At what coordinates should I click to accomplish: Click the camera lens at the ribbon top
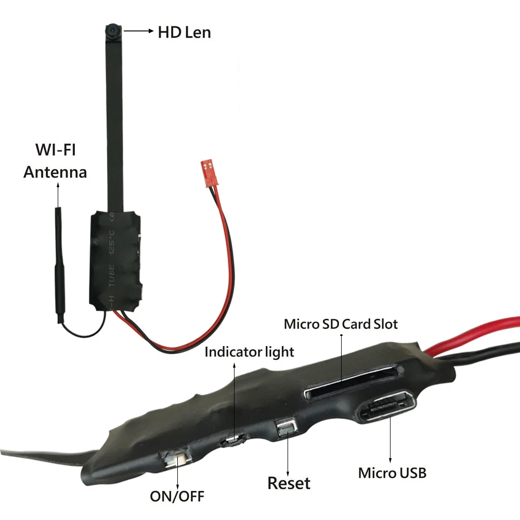113,31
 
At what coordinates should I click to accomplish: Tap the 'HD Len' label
185,32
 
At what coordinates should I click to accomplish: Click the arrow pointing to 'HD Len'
139,31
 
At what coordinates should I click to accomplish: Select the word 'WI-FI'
56,150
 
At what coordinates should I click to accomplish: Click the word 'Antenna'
55,172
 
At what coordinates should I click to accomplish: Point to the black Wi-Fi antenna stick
59,265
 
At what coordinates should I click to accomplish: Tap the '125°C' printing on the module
112,242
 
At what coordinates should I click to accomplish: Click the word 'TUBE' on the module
111,276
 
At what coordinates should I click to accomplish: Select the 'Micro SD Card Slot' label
341,324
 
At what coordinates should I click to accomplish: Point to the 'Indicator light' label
249,352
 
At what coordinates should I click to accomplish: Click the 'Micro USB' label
392,473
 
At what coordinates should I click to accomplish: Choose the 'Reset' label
289,483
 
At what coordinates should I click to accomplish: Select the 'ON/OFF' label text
177,497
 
